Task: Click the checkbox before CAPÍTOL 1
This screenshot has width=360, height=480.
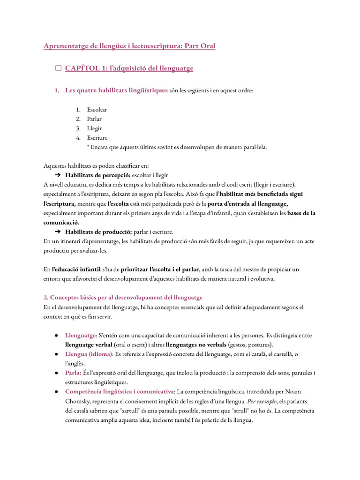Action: [x=58, y=68]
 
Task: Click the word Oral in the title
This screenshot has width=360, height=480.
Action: [x=206, y=46]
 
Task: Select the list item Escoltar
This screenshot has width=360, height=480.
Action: [x=97, y=110]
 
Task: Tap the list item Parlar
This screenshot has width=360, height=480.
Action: [x=94, y=119]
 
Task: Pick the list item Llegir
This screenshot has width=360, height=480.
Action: [x=94, y=128]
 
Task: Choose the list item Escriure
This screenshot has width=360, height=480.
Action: [x=97, y=138]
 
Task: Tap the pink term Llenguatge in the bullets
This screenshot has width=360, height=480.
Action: [x=81, y=336]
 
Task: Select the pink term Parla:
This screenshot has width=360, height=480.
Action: [x=73, y=373]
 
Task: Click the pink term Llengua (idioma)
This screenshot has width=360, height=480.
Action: [x=88, y=354]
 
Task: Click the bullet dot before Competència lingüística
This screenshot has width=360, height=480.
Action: [x=56, y=392]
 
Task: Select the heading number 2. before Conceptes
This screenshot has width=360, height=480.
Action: [x=46, y=298]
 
